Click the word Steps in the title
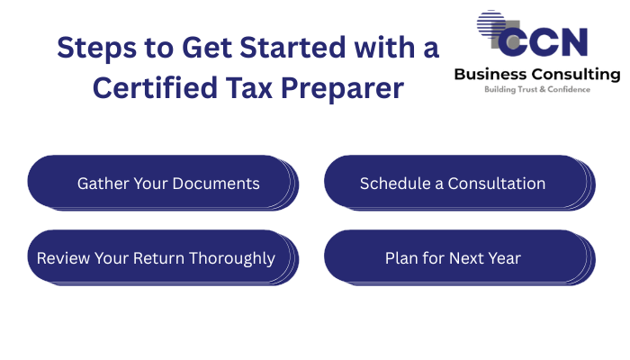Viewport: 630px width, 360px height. click(x=96, y=49)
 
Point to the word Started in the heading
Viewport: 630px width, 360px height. click(x=292, y=48)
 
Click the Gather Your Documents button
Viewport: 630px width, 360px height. click(x=163, y=184)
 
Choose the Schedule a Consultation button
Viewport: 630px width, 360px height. click(x=460, y=184)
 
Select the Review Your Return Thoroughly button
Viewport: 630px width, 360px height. click(x=163, y=258)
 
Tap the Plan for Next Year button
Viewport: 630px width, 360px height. click(x=460, y=258)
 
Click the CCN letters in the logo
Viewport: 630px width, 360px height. click(x=543, y=42)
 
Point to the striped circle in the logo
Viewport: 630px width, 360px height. click(x=491, y=24)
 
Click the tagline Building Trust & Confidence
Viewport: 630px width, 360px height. click(x=537, y=89)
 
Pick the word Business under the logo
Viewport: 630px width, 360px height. click(x=490, y=75)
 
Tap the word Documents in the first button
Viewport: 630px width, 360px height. click(x=216, y=184)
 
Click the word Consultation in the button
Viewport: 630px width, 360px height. click(x=497, y=184)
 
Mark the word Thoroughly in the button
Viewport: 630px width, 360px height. click(x=232, y=259)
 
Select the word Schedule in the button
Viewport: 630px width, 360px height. click(x=395, y=184)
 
